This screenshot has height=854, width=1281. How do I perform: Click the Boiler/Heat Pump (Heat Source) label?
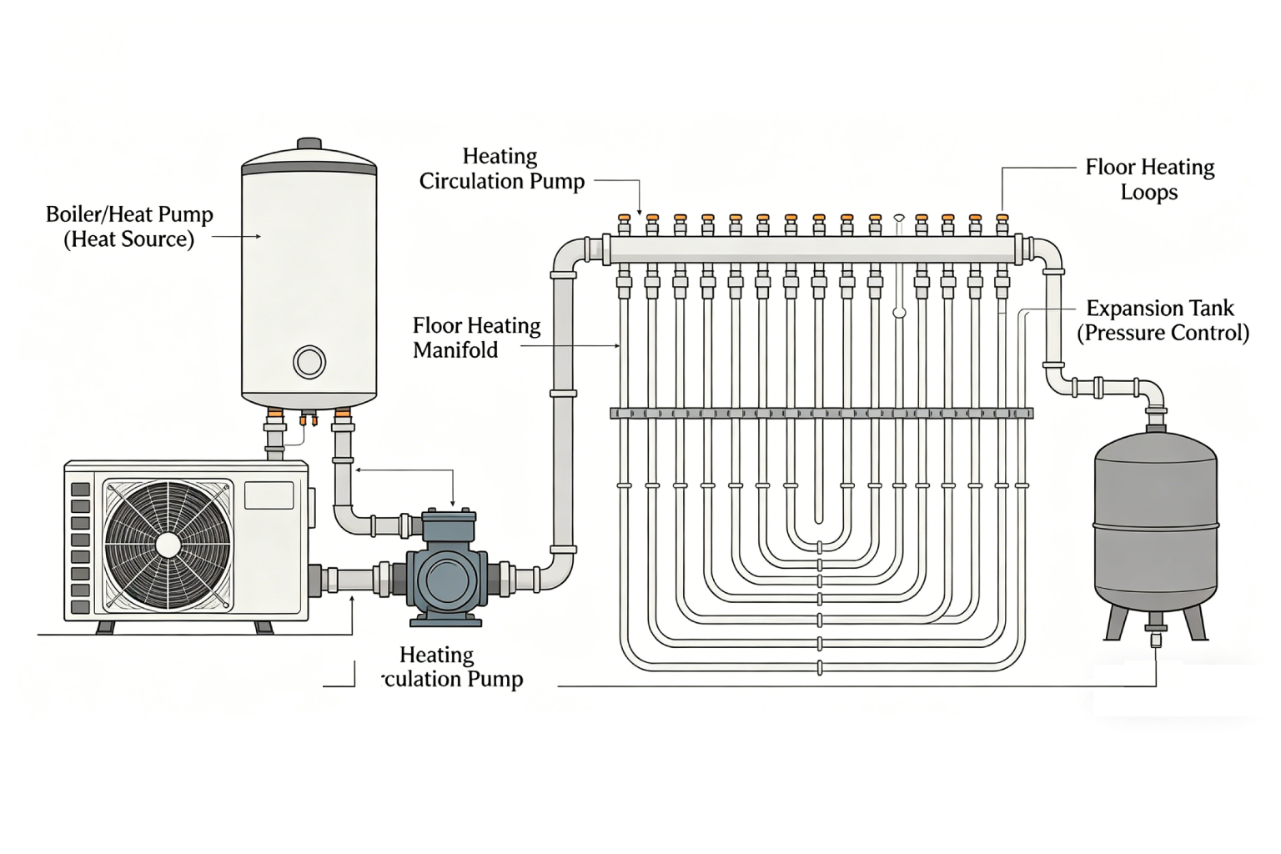click(129, 227)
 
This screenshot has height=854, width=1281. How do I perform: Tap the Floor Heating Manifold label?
click(476, 337)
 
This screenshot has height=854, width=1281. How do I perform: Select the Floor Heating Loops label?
click(1149, 179)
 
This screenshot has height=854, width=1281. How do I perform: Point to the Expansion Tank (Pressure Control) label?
click(1162, 320)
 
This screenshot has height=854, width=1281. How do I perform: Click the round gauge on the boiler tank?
click(309, 362)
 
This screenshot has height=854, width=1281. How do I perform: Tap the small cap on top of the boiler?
click(309, 143)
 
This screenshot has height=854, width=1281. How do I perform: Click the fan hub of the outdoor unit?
click(168, 545)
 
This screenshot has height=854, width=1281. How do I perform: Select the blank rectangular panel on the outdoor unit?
click(269, 495)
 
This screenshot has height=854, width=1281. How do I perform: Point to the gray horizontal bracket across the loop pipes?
click(821, 413)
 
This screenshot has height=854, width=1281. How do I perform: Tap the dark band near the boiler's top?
click(309, 169)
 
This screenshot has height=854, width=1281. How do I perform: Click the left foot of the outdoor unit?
click(105, 627)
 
